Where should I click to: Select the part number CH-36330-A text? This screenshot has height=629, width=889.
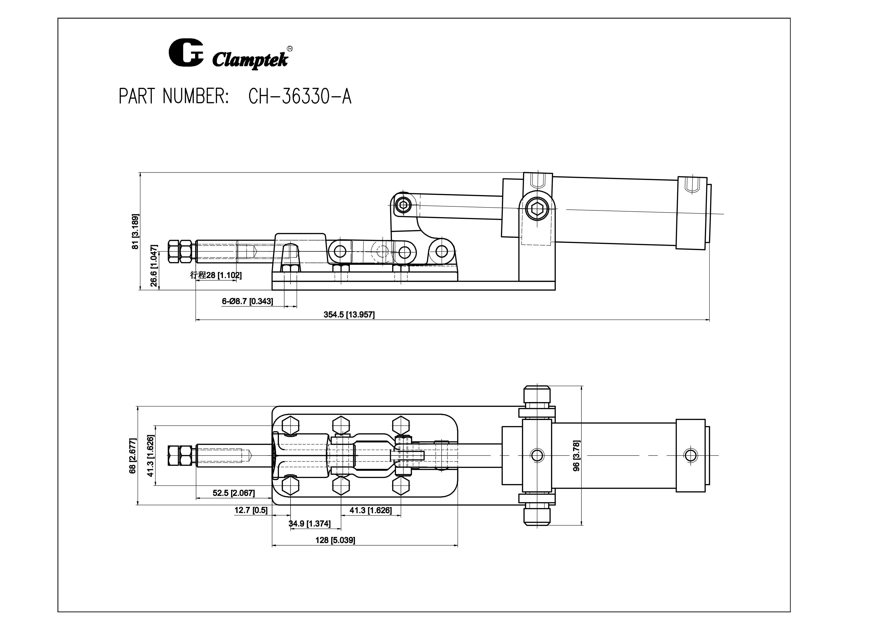(x=300, y=96)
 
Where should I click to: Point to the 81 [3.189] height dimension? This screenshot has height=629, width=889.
(x=135, y=231)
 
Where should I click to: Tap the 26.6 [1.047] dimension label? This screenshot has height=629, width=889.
(x=154, y=266)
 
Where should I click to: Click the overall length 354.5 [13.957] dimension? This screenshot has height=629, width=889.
(x=349, y=314)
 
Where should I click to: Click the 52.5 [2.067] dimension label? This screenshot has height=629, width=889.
(x=234, y=493)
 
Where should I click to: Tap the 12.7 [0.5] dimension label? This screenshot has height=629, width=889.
(x=251, y=510)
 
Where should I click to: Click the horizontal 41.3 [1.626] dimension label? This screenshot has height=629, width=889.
(x=371, y=510)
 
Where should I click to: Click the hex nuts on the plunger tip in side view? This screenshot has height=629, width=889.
(x=180, y=251)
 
